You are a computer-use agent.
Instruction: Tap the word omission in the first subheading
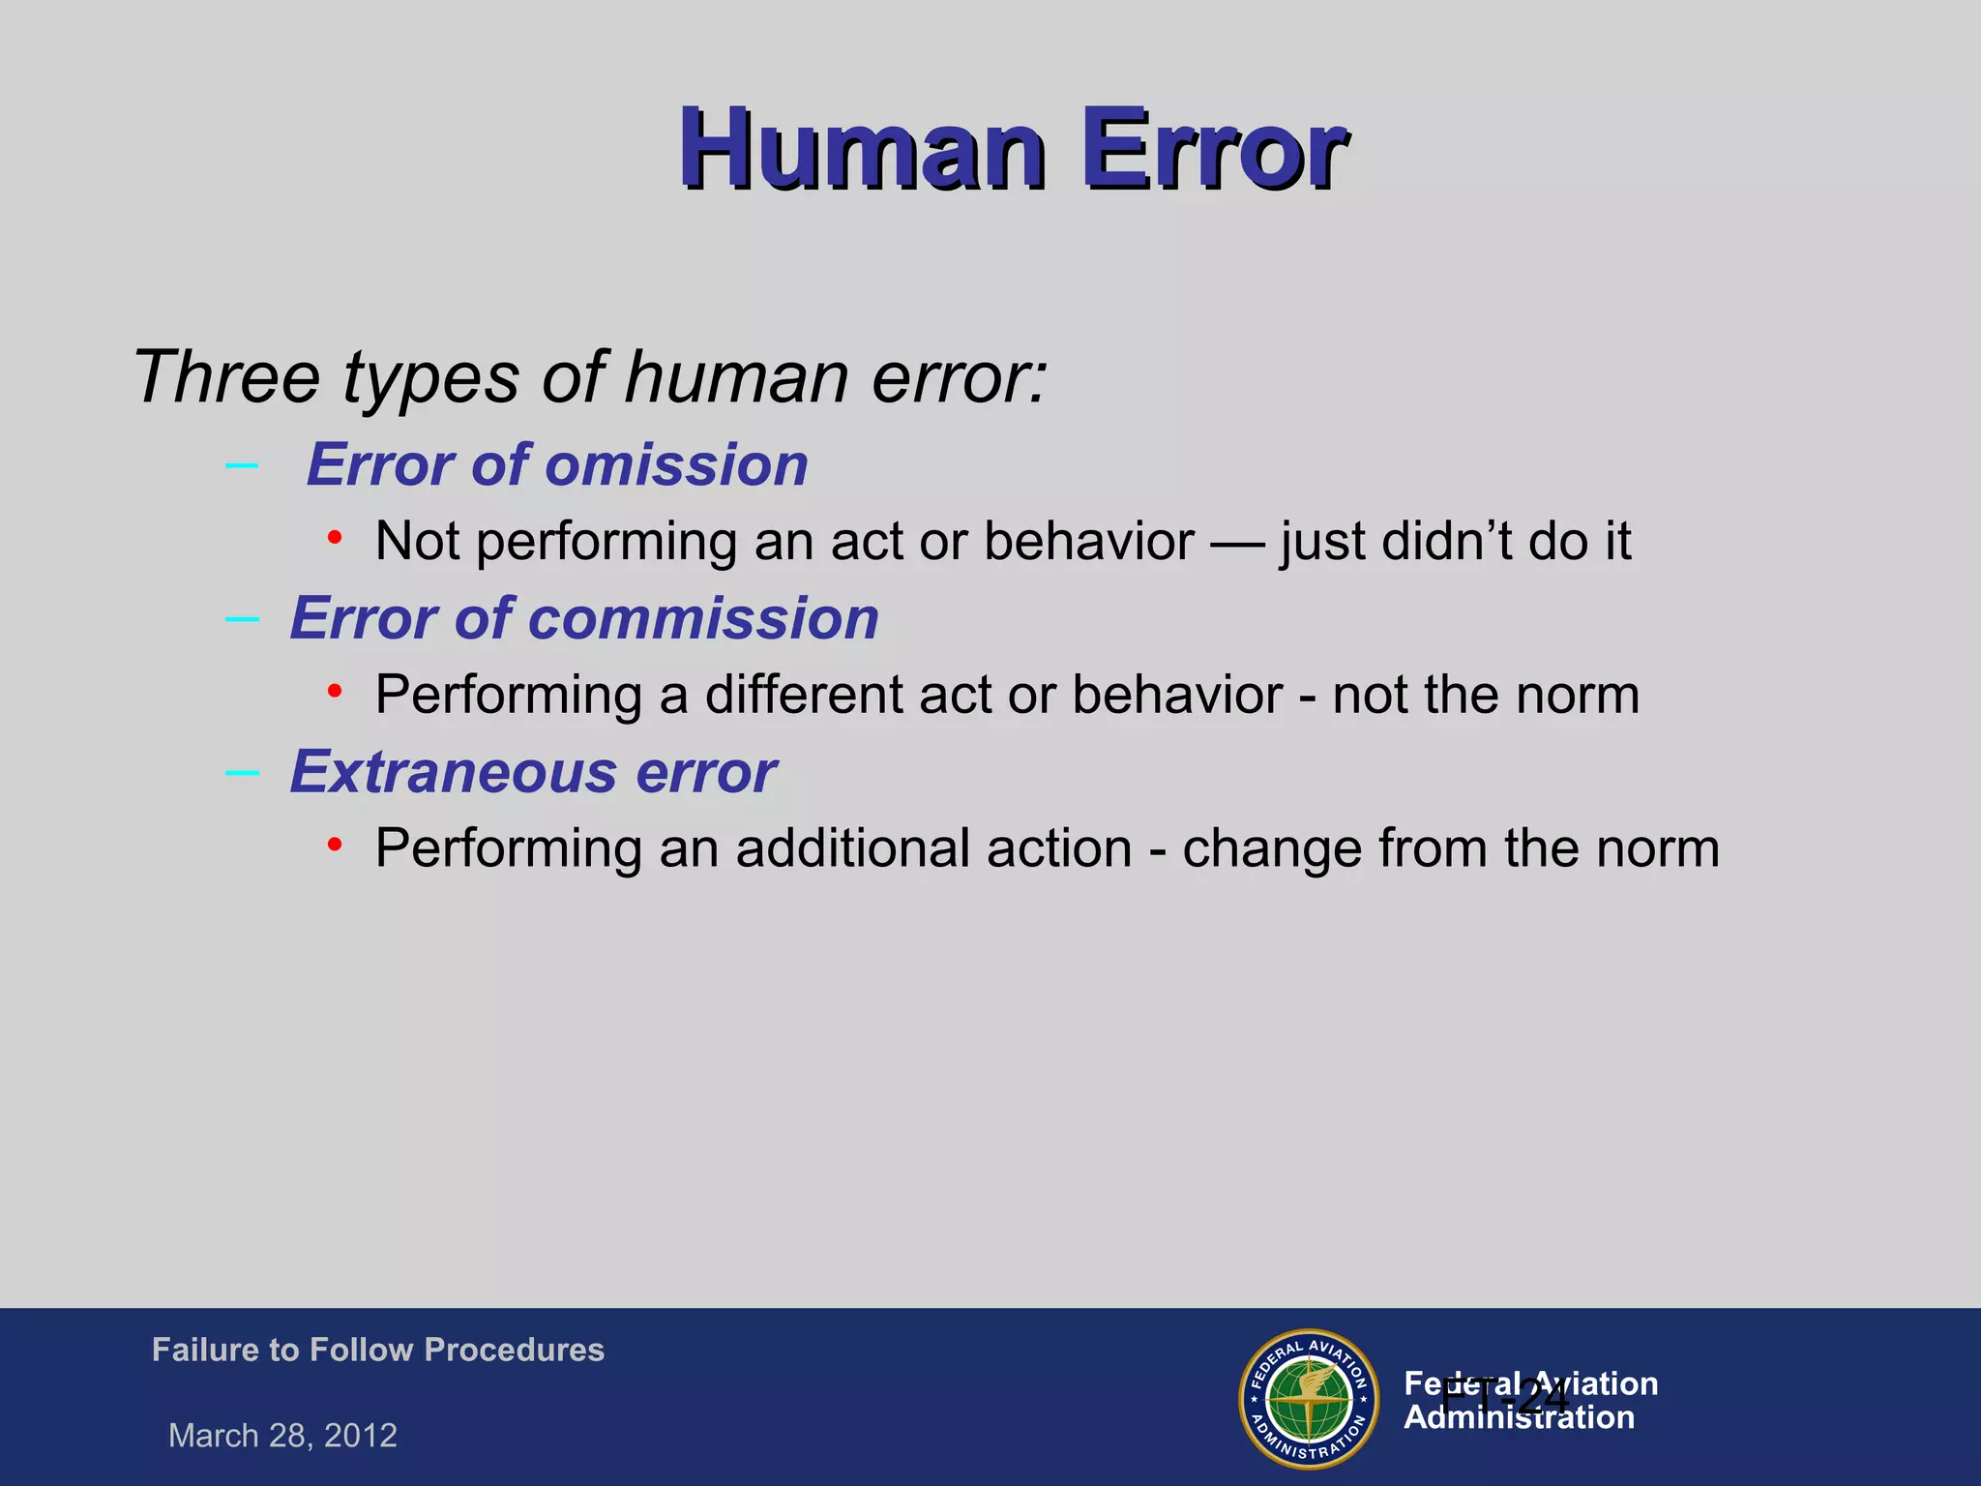(x=676, y=465)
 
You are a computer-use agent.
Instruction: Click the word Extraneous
(x=453, y=773)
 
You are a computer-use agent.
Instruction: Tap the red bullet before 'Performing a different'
(x=335, y=691)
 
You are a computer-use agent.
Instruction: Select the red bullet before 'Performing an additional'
(x=335, y=845)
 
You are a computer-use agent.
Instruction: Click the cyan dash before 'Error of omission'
(x=241, y=466)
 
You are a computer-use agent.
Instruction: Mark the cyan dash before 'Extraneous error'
(x=241, y=773)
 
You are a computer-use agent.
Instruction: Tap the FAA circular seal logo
(x=1309, y=1399)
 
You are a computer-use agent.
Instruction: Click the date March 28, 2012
(x=282, y=1436)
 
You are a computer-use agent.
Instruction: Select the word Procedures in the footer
(x=514, y=1350)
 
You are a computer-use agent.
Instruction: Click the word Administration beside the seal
(x=1519, y=1418)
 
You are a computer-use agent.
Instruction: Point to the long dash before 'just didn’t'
(x=1237, y=543)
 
